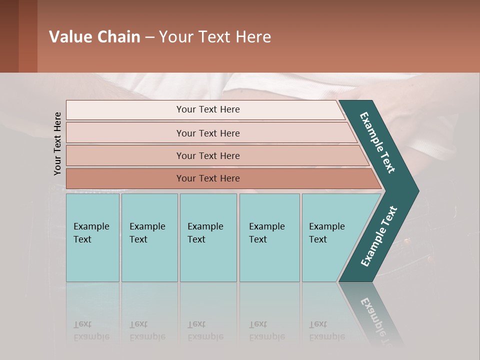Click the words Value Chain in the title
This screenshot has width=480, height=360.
click(94, 37)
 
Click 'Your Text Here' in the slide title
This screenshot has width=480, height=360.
click(215, 37)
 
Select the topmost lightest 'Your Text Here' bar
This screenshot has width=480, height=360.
click(207, 109)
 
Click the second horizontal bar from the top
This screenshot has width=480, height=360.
click(207, 133)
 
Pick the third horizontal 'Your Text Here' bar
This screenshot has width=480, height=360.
click(207, 155)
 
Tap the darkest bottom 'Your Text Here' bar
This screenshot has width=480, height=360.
click(207, 178)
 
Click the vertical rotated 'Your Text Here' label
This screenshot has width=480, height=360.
click(57, 143)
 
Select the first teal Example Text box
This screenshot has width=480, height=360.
click(92, 237)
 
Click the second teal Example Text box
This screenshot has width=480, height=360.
click(149, 237)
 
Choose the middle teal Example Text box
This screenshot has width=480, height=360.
click(208, 237)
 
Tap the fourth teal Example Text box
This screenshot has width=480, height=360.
click(269, 237)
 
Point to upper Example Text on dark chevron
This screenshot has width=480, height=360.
click(377, 142)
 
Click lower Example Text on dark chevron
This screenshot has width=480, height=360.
click(379, 236)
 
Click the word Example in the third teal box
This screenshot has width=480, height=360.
click(205, 226)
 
